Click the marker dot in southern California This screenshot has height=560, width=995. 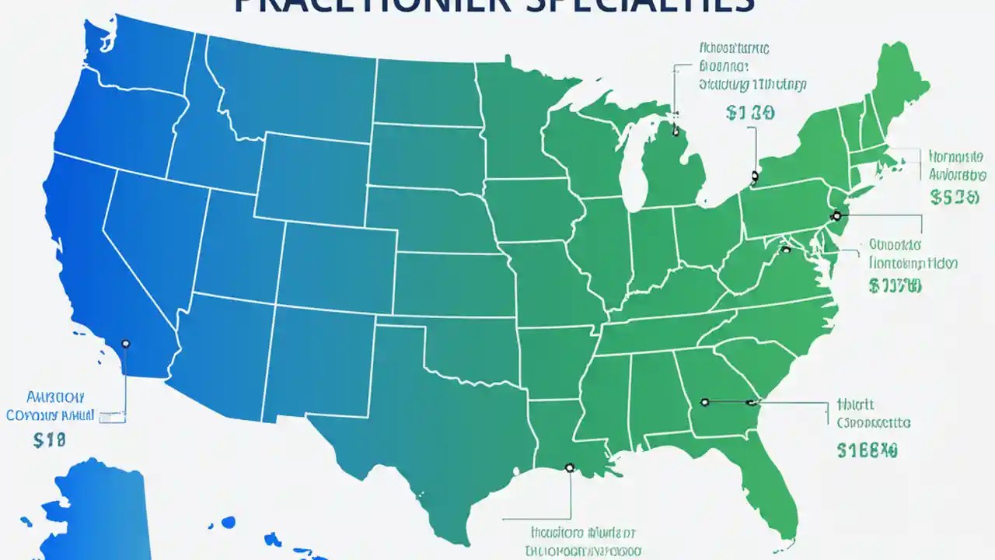pos(126,344)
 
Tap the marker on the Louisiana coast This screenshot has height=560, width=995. pos(569,467)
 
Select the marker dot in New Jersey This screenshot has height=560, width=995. pos(836,216)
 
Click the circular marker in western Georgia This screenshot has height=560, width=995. pos(704,402)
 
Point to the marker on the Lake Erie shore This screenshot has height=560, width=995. pos(754,177)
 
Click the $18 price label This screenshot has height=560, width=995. pos(50,439)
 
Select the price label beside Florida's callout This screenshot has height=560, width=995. pos(868,450)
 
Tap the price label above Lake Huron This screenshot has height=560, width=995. pos(749,113)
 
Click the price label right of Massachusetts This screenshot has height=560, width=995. pos(954,198)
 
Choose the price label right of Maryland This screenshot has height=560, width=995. pos(895,286)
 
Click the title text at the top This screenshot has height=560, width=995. pos(494,6)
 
